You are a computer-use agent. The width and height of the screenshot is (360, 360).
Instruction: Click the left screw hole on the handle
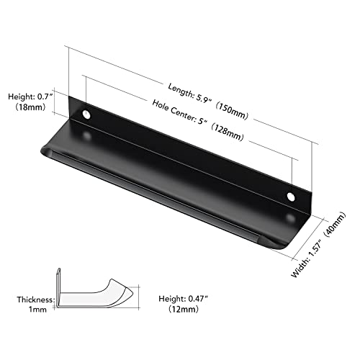[87, 114]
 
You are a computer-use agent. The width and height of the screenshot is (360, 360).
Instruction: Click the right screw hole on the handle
[291, 196]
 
